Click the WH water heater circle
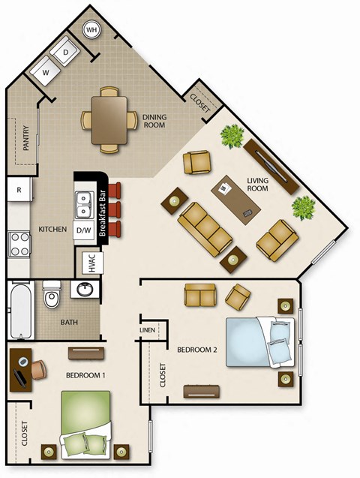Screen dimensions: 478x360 [92, 30]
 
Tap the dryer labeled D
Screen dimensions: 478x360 [67, 52]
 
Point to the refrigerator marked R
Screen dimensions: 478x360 [19, 190]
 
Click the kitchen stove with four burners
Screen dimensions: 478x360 [19, 244]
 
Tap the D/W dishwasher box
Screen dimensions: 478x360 [82, 230]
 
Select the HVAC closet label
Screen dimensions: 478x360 [88, 263]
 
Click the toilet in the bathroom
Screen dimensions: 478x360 [51, 296]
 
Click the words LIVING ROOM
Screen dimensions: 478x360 [257, 184]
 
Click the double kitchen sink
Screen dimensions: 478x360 [82, 203]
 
